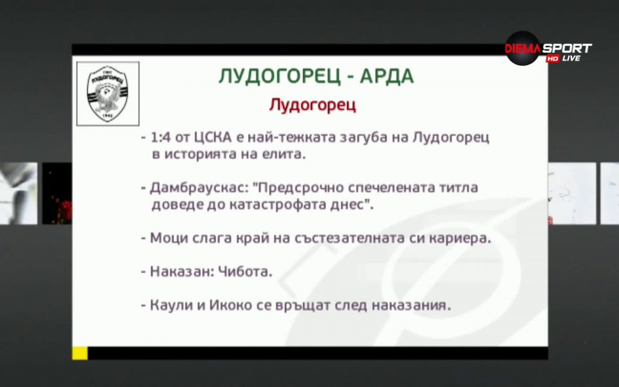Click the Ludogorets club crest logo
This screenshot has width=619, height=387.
108,93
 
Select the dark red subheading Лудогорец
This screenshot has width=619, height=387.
312,105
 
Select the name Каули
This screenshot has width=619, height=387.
169,305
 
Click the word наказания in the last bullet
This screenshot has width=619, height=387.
415,305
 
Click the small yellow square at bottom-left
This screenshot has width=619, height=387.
79,352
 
